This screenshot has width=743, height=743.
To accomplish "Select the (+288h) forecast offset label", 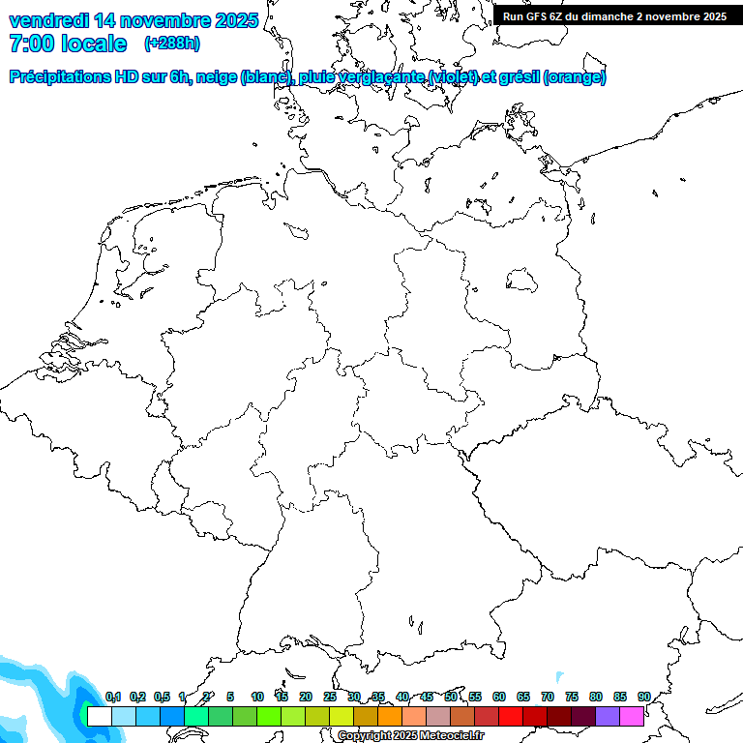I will [x=172, y=44].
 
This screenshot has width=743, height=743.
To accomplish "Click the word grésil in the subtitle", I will [x=520, y=77].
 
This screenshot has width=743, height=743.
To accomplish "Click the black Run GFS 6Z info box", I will [x=614, y=16].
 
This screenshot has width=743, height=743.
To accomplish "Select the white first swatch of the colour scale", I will [x=100, y=716].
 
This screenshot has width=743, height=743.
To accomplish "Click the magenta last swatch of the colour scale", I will [x=632, y=716].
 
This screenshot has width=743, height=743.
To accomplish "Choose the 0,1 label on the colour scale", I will [x=113, y=698].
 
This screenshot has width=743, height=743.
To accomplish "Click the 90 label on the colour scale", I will [x=644, y=698].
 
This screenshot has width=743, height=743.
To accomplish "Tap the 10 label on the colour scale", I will [x=257, y=698].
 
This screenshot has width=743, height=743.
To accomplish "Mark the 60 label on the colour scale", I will [x=499, y=698].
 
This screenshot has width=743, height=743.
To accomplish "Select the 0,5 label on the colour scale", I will [x=162, y=698].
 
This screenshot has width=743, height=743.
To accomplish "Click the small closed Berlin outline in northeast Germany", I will [x=522, y=280].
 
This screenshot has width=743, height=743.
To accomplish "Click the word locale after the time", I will [x=93, y=44].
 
